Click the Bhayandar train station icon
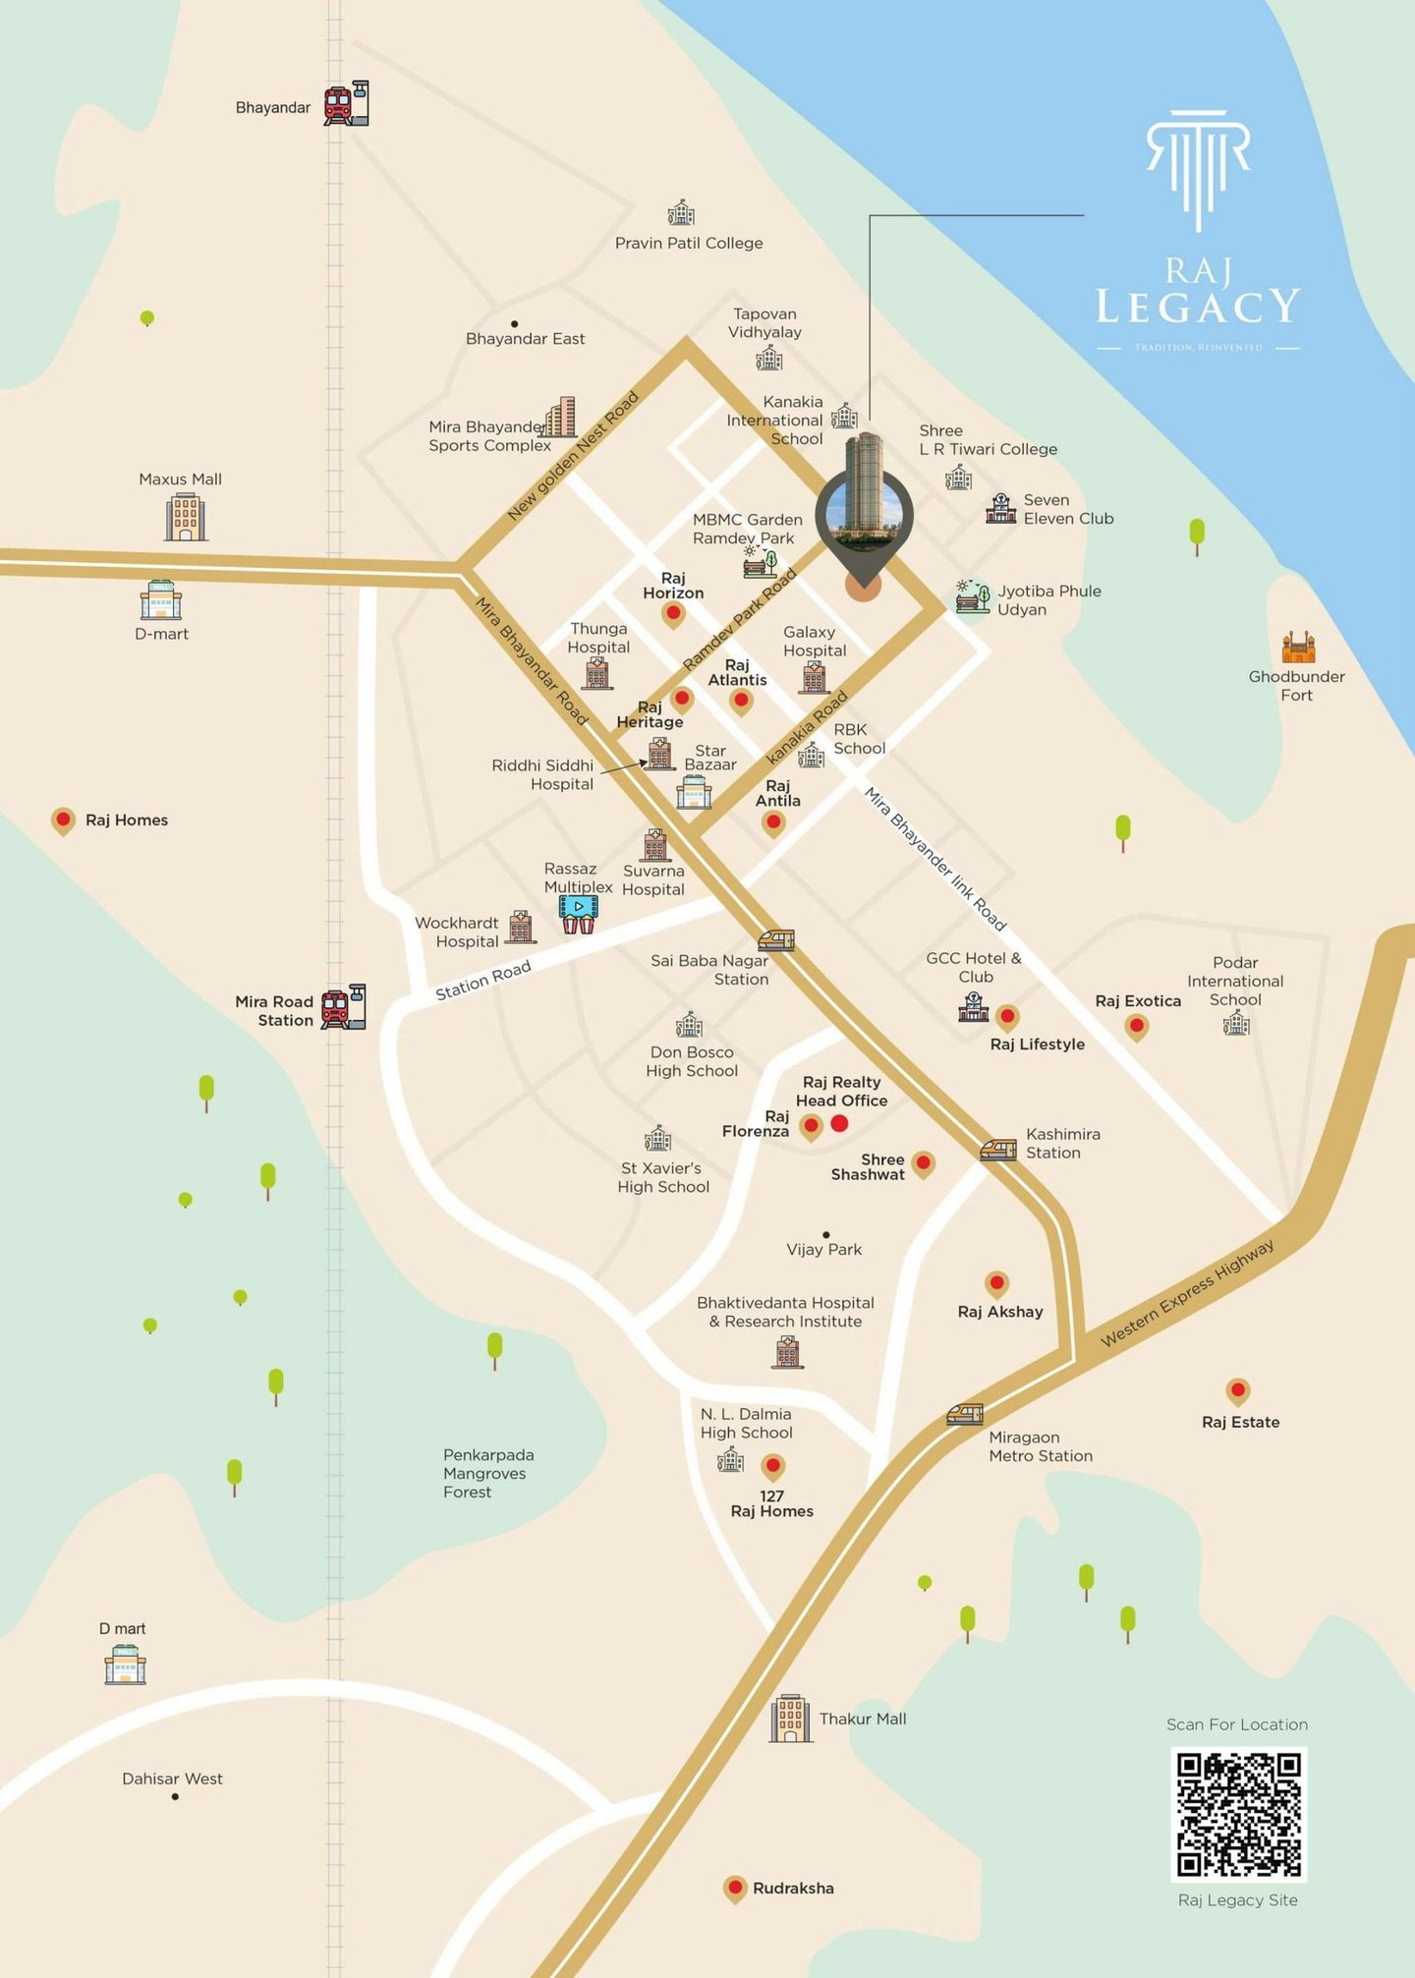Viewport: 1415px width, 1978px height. coord(347,103)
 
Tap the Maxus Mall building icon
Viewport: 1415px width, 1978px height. coord(185,516)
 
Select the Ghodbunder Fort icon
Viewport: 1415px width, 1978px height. coord(1298,648)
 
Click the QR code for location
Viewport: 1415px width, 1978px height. coord(1238,1814)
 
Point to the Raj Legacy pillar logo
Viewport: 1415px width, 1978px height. coord(1198,167)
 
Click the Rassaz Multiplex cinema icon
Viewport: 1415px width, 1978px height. coord(578,914)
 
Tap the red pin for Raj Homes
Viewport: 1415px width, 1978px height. coord(63,819)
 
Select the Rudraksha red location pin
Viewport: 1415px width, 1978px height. coord(734,1888)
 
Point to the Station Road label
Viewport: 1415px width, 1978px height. coord(483,980)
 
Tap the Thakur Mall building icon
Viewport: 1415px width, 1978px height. coord(791,1719)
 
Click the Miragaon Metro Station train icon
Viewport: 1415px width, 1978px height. coord(965,1414)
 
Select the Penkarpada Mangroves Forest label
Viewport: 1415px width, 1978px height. coord(488,1473)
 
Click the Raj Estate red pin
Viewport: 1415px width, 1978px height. coord(1237,1390)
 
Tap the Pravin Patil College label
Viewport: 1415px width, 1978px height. coord(689,243)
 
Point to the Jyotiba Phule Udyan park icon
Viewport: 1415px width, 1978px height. coord(973,596)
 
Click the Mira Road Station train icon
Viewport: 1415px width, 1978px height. coord(344,1006)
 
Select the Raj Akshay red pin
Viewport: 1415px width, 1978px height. coord(997,1283)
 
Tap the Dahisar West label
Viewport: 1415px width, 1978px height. coord(172,1779)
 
